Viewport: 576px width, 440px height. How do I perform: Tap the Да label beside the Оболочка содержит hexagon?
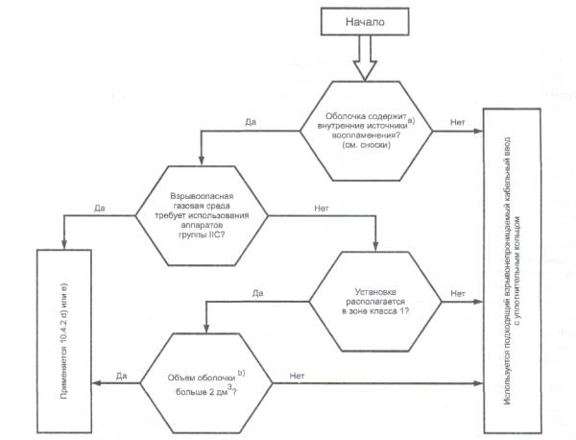[250, 122]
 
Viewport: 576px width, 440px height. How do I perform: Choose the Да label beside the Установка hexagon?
[257, 291]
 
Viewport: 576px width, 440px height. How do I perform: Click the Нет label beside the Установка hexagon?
[458, 291]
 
